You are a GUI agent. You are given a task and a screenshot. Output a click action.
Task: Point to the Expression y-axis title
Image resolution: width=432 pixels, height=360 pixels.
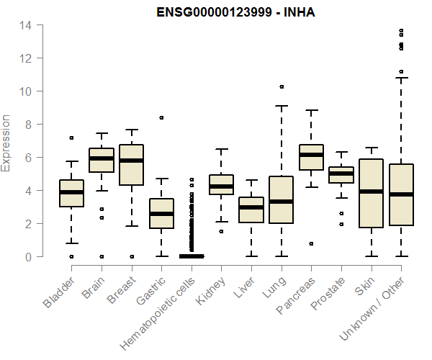tap(6, 142)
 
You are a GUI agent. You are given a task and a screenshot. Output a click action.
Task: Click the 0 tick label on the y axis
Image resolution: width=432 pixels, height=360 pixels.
tap(29, 256)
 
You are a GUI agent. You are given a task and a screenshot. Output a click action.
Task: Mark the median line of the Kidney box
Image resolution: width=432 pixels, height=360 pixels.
tap(221, 186)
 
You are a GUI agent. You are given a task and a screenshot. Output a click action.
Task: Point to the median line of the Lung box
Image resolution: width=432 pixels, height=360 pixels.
tap(281, 202)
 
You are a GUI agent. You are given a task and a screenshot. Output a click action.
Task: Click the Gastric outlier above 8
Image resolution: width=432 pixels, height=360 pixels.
tap(161, 117)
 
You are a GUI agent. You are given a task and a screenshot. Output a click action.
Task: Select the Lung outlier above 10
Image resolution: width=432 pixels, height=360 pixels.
tap(281, 86)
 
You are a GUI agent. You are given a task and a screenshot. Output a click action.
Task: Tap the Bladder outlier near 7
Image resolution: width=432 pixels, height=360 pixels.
tap(71, 138)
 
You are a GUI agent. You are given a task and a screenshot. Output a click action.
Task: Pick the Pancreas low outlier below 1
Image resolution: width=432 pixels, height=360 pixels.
tap(311, 243)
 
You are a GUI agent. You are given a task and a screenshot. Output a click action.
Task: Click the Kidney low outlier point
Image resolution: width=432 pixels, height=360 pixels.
tap(221, 231)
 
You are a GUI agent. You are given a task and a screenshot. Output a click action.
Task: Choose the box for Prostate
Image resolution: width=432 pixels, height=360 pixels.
tap(341, 175)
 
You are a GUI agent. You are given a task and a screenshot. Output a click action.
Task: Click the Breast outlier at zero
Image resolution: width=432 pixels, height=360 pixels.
tap(131, 256)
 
